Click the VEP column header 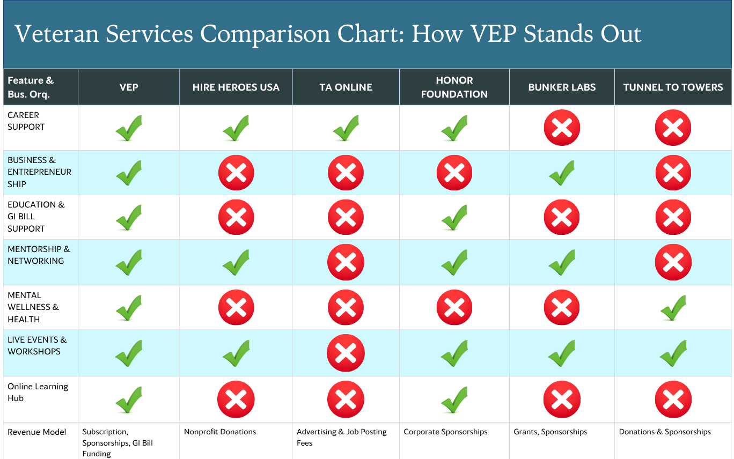129,87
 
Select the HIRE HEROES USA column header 236,87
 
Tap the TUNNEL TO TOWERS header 673,87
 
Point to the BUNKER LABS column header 562,87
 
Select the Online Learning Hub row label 38,392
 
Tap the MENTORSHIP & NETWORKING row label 39,255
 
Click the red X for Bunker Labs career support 562,128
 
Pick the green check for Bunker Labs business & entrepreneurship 562,173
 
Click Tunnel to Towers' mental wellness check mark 673,308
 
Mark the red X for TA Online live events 346,353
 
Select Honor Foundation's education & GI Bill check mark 454,217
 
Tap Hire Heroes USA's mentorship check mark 236,263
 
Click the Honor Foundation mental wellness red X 454,307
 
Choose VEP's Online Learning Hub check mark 129,399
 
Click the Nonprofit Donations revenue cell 220,432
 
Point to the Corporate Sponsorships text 445,432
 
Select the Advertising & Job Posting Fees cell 341,438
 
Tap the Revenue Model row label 36,432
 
